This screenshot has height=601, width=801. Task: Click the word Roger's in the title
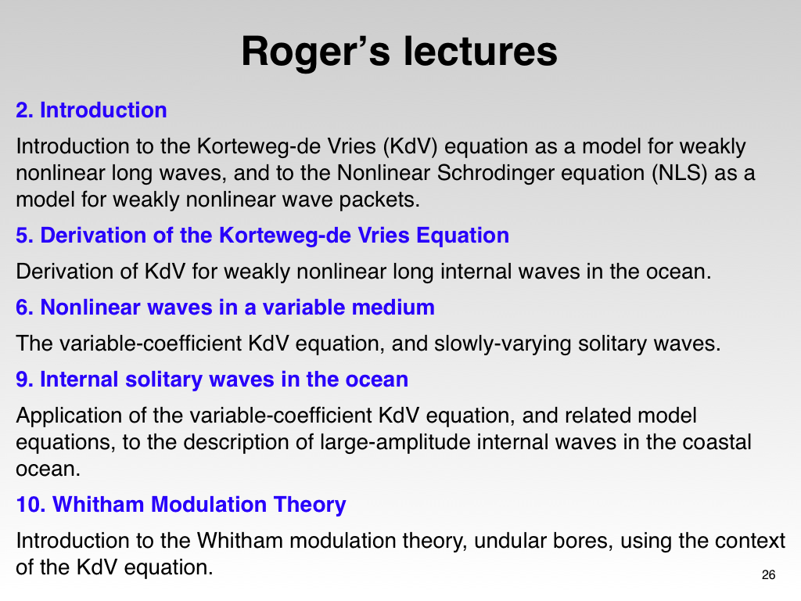point(315,52)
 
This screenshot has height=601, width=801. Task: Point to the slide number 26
point(768,575)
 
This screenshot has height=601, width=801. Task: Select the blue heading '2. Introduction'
point(92,110)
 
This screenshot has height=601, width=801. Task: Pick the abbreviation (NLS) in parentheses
point(680,173)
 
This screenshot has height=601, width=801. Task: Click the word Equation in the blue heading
point(463,235)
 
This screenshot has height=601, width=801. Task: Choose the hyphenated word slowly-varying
point(503,344)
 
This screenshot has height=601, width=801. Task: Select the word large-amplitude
point(395,442)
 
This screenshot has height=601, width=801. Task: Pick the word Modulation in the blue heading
point(209,505)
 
